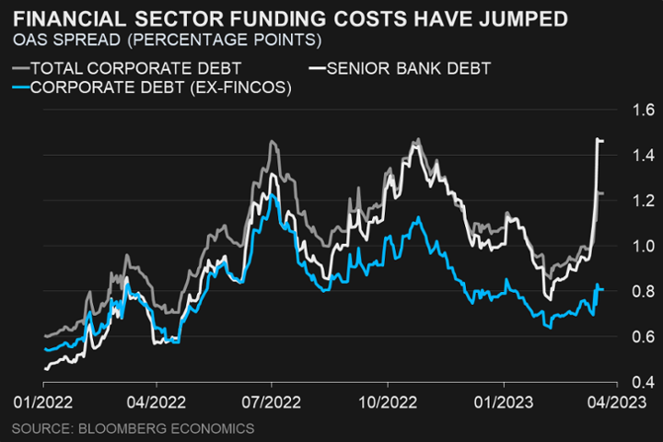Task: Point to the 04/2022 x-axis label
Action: [156, 403]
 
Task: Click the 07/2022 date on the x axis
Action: [272, 403]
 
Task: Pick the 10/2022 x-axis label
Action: [388, 403]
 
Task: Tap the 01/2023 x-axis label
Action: [504, 403]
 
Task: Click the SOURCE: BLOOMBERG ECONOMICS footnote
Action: [133, 428]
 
